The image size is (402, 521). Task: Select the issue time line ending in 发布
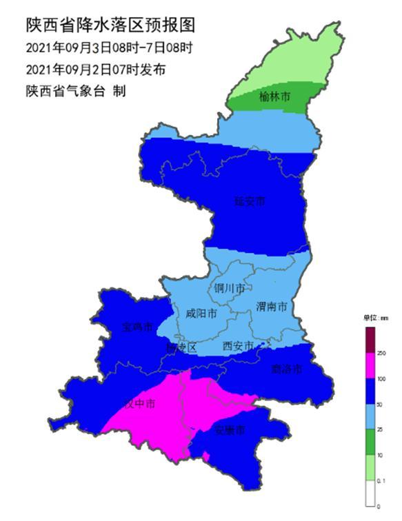95,70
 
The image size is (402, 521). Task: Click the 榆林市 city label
274,96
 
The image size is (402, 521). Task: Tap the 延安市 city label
249,202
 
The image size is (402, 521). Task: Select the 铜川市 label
229,289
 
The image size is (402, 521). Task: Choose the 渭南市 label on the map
271,305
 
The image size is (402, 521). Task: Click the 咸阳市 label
201,314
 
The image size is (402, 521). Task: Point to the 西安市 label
238,345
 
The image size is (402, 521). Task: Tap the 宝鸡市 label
136,327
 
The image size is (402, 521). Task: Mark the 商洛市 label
287,369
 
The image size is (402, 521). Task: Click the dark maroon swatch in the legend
370,338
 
